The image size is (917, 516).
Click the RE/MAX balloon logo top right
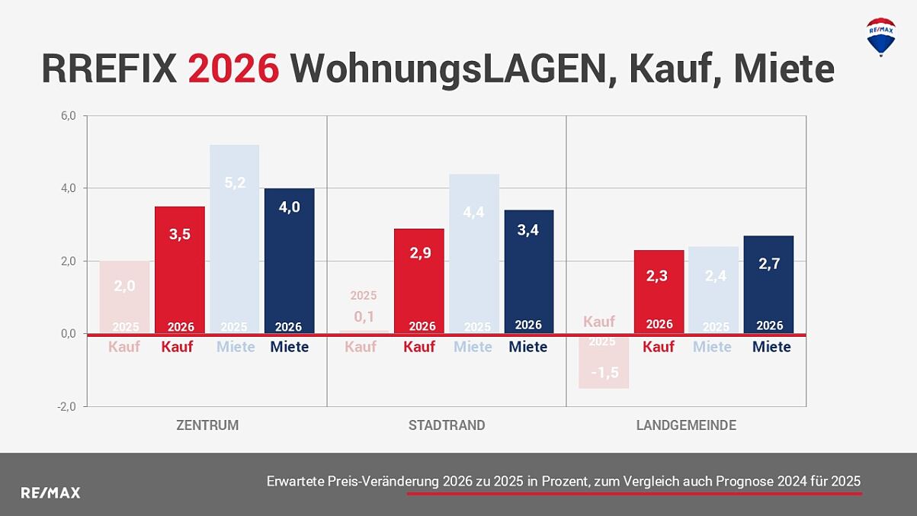[x=880, y=36]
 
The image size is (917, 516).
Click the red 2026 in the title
[x=233, y=69]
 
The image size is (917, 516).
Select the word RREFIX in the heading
[x=109, y=69]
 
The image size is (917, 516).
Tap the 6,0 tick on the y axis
[x=68, y=116]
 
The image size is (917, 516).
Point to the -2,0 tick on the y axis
[x=67, y=406]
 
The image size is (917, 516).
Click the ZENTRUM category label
[x=207, y=425]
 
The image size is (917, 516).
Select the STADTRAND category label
[x=447, y=425]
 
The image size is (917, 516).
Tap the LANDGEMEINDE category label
[x=686, y=425]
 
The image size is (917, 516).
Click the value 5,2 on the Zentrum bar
[x=235, y=182]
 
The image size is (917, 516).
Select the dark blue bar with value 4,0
[x=289, y=259]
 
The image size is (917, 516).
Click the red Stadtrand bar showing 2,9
[x=419, y=278]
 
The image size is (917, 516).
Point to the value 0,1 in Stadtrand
[x=364, y=316]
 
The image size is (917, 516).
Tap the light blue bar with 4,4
[x=474, y=252]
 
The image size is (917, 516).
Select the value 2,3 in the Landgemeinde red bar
[x=656, y=276]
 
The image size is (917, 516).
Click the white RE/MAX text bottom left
[x=50, y=493]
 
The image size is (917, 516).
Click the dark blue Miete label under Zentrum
[x=290, y=347]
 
